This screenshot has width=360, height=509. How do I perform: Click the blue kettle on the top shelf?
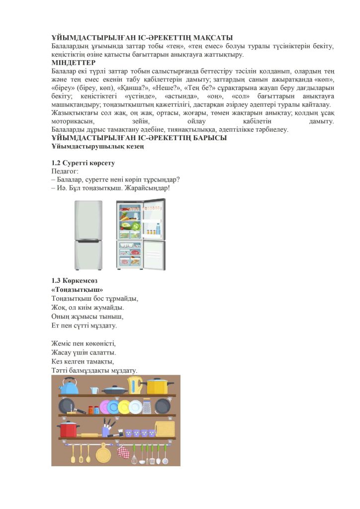68,386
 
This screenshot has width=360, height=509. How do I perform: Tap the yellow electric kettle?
135,385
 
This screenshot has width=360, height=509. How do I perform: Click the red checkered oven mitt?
123,452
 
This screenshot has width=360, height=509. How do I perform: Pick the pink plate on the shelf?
105,407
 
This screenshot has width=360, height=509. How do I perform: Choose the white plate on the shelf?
135,407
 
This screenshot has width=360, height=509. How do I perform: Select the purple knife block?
108,430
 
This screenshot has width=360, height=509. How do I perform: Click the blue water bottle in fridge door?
158,230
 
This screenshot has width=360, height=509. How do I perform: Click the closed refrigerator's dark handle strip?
89,240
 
